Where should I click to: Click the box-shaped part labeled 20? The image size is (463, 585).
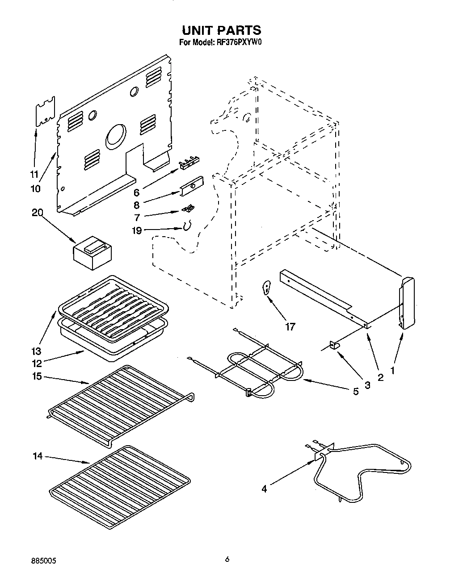tap(93, 253)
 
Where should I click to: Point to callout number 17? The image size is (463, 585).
tap(290, 327)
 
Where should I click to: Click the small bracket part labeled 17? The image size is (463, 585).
tap(267, 287)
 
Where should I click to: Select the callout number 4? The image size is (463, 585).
tap(264, 489)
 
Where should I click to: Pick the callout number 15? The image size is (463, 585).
tap(37, 376)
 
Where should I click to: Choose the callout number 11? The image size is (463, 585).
tap(34, 174)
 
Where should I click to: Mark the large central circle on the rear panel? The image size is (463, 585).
tap(115, 137)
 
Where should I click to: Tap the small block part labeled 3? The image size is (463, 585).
tap(334, 344)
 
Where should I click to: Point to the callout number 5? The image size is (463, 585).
tap(355, 391)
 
